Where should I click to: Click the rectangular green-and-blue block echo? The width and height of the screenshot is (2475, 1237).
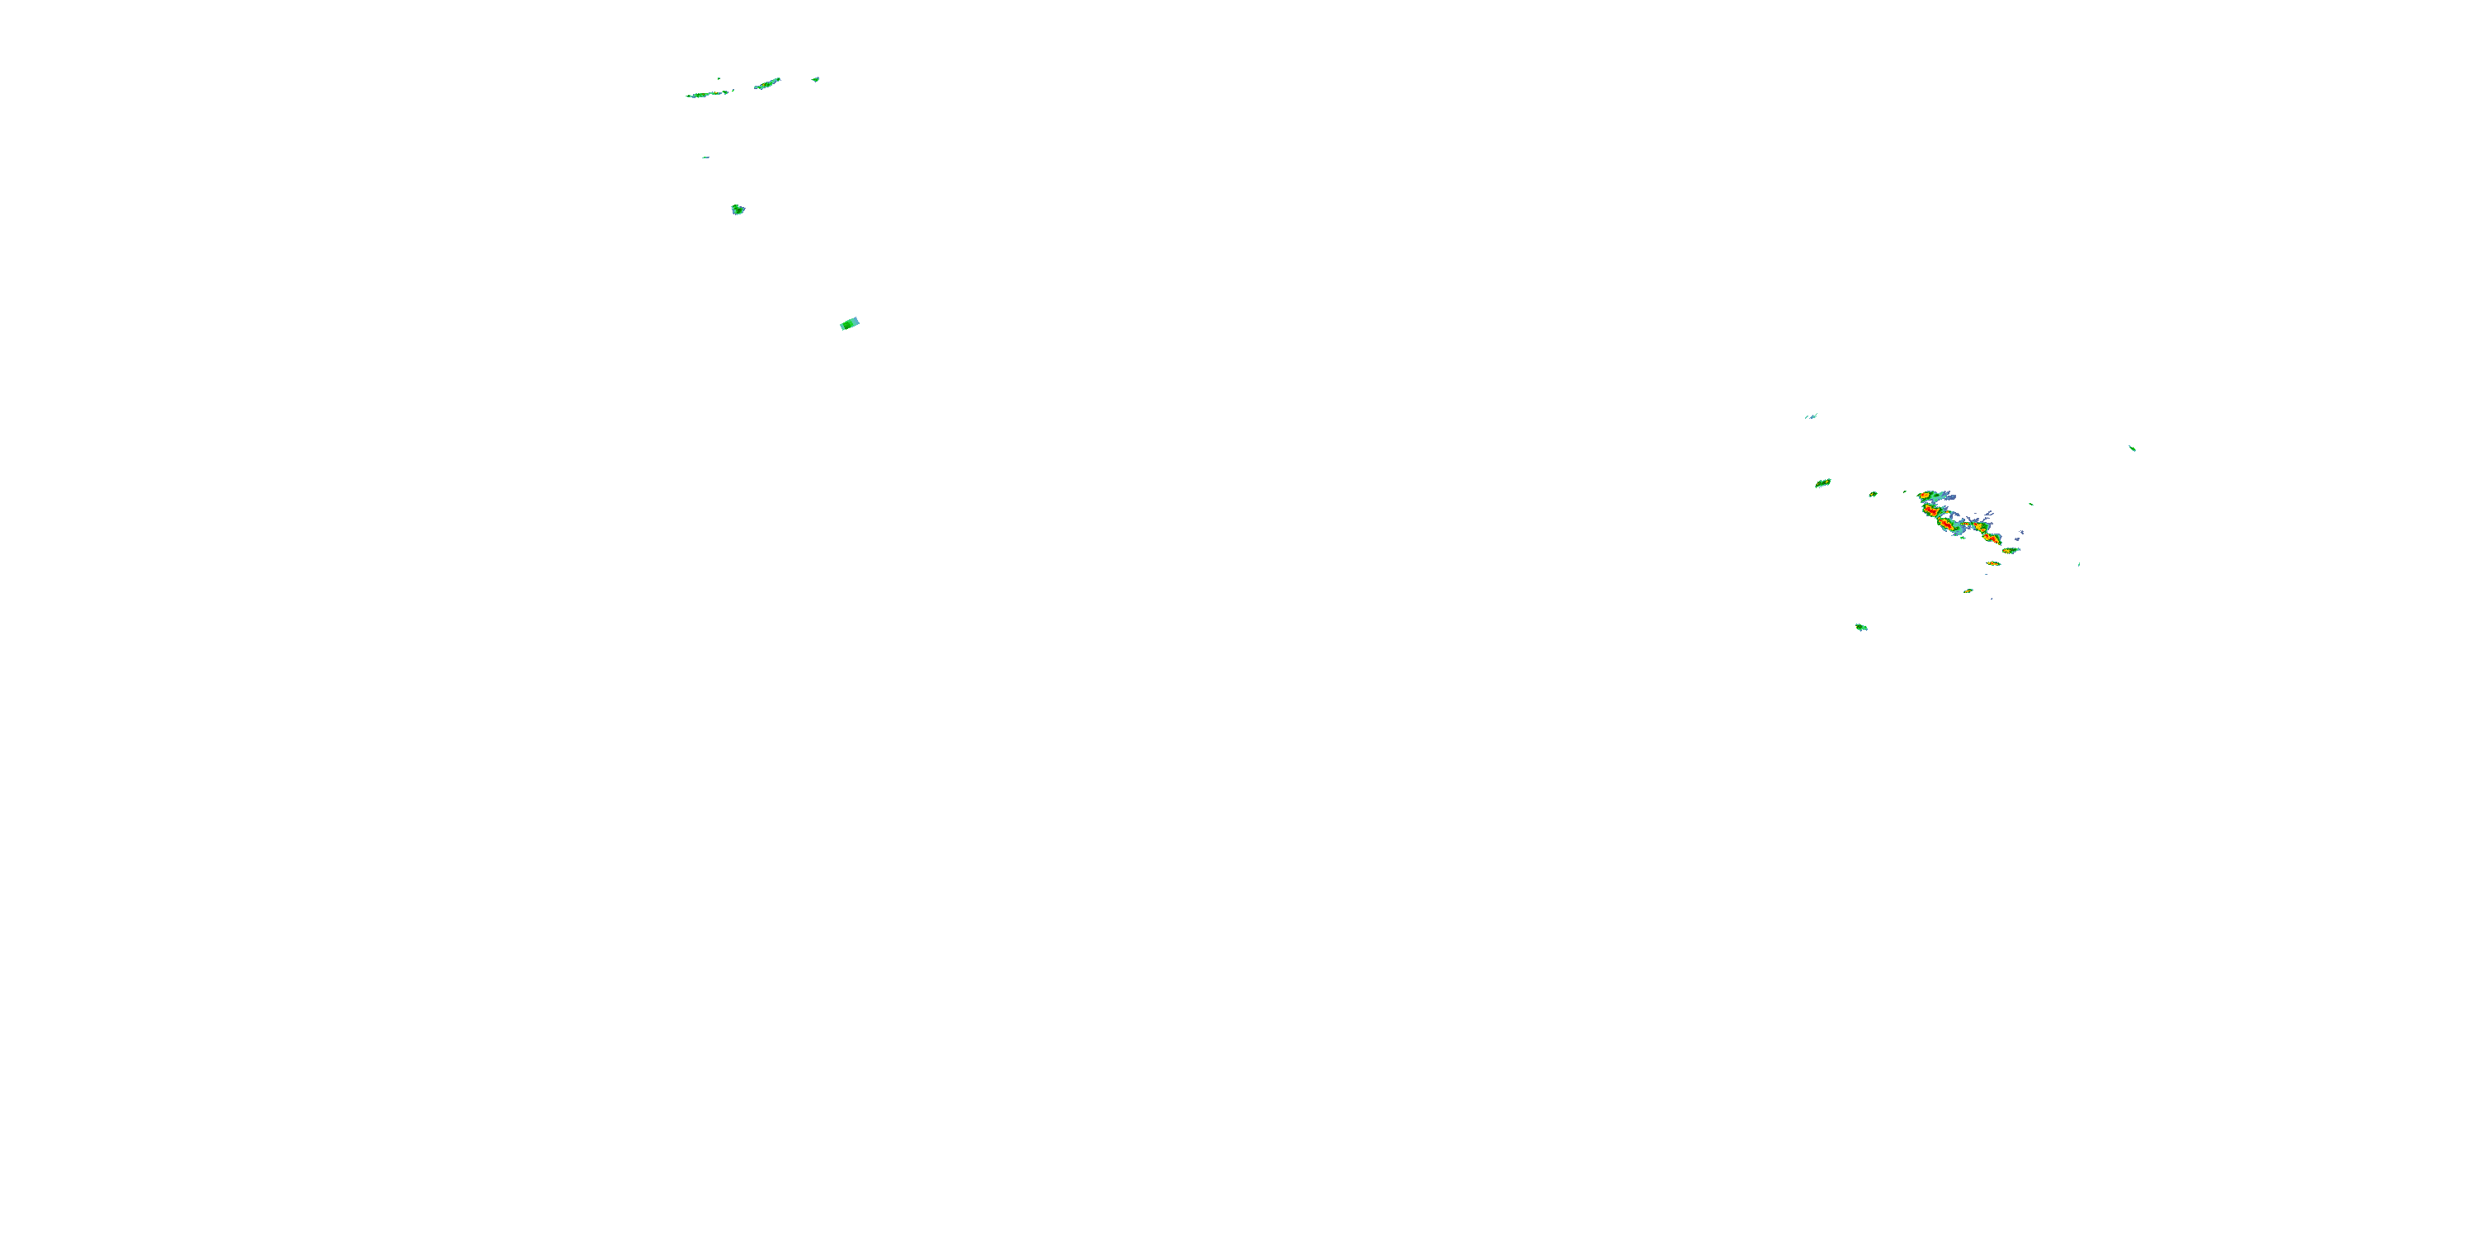pos(850,323)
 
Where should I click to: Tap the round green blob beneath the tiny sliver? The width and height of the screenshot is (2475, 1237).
pos(738,209)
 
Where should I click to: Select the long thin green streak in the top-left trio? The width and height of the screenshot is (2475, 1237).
pos(709,94)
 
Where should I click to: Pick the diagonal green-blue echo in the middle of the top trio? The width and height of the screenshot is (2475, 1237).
pos(766,83)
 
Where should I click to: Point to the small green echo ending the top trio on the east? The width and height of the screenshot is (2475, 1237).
pos(815,78)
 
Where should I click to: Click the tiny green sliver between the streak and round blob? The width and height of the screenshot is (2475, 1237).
pos(705,158)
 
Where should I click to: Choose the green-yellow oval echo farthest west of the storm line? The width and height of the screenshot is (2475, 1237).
pos(1822,483)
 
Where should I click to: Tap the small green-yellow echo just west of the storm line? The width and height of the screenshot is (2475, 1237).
pos(1873,495)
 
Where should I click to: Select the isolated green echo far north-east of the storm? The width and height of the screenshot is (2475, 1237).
pos(2132,448)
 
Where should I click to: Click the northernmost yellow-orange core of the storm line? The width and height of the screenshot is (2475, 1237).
pos(1926,496)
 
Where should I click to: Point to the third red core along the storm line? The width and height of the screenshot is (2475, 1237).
pos(1946,524)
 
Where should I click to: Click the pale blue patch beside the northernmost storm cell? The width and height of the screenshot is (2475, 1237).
pos(1952,497)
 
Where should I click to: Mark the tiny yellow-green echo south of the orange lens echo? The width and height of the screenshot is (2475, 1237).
pos(1968,590)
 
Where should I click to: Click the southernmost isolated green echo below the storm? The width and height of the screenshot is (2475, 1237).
pos(1861,627)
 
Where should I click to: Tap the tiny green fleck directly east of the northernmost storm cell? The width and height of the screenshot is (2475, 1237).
pos(2031,504)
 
